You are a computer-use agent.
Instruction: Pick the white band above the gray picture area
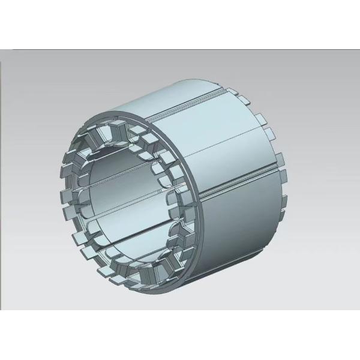[x=180, y=24]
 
